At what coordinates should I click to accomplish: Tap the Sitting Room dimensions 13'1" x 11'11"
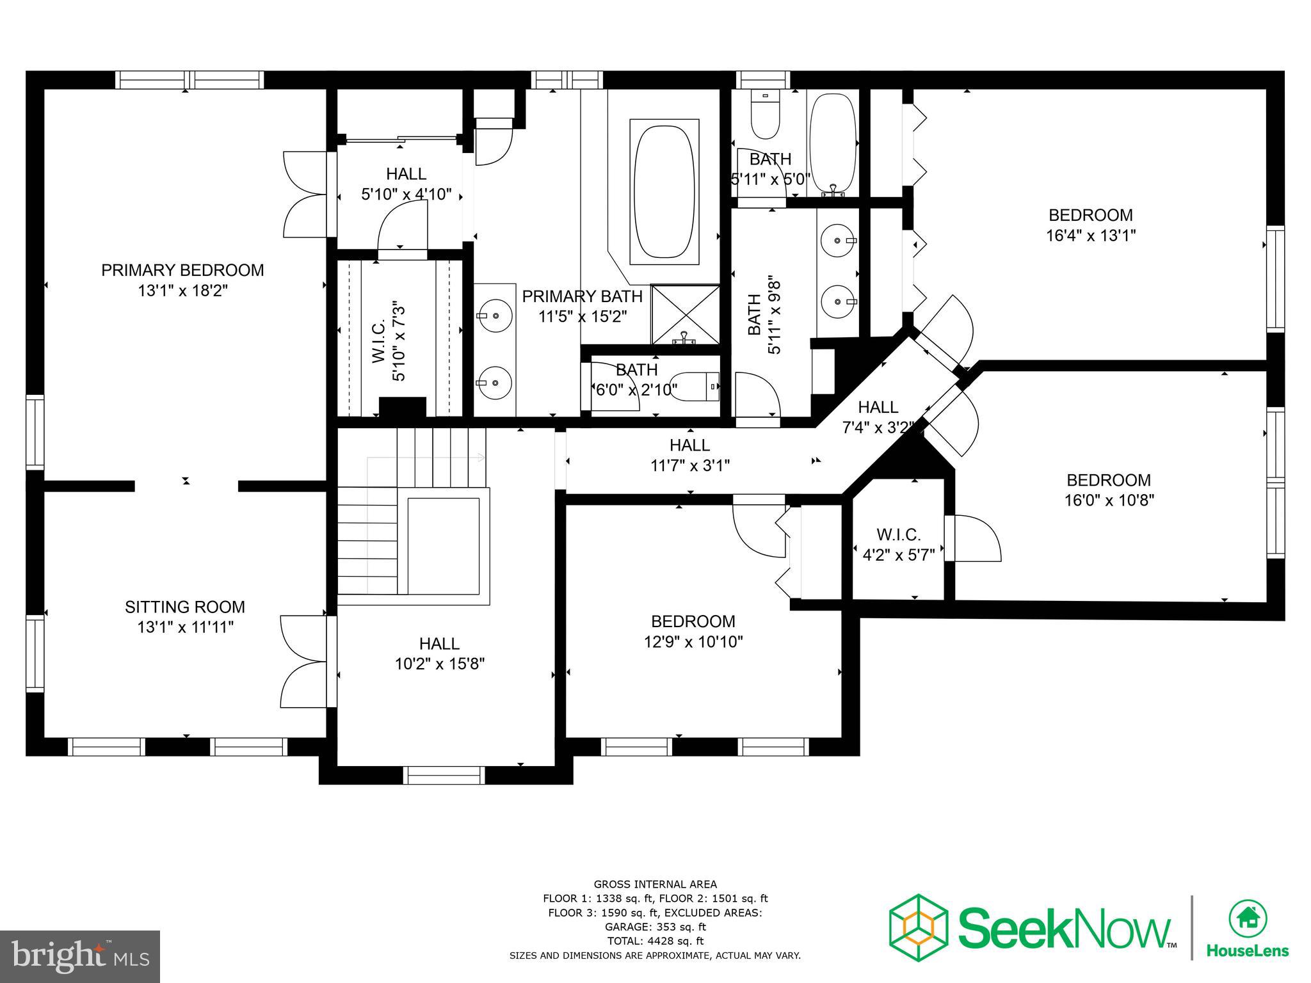point(185,627)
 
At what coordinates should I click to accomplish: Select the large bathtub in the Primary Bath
point(664,191)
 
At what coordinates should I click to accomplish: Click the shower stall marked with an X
point(686,315)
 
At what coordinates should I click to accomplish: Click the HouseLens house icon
point(1248,918)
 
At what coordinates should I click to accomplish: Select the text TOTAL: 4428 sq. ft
point(655,941)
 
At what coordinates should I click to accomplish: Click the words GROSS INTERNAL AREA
point(655,884)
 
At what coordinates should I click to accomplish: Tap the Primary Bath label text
point(582,296)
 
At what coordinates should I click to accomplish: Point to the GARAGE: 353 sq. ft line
point(655,927)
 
